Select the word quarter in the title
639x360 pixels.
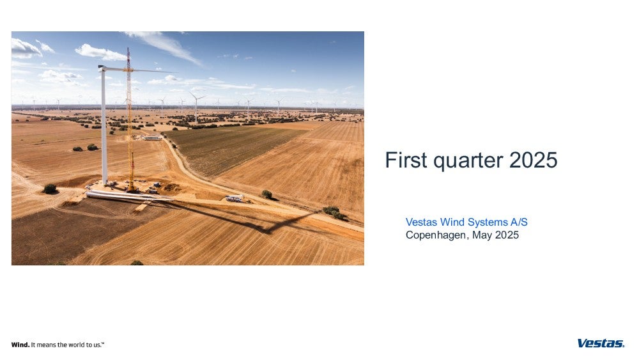[x=468, y=161]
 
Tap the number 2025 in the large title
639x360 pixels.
[x=533, y=160]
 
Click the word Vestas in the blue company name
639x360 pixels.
[x=421, y=222]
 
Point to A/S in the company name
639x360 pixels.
[x=519, y=222]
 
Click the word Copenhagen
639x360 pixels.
[x=436, y=236]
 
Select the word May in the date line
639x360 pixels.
[x=482, y=236]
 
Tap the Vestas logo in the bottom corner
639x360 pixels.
[x=601, y=343]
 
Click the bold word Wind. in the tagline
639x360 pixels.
[x=20, y=345]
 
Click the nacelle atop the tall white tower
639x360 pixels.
[x=102, y=68]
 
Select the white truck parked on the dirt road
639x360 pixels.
[x=235, y=199]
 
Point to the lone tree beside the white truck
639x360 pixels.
[x=267, y=194]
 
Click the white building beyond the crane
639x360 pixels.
[x=153, y=138]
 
